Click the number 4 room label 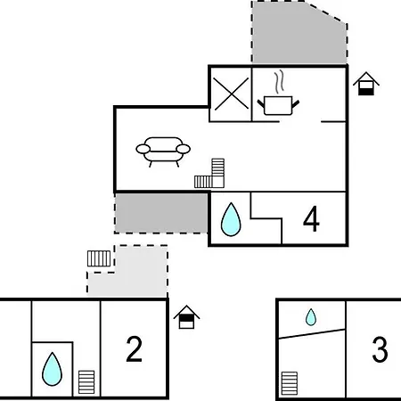(311, 219)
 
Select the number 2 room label (134, 349)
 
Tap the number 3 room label (380, 349)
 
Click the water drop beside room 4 (231, 220)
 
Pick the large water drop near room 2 (52, 369)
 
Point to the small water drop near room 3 (311, 317)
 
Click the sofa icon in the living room (163, 151)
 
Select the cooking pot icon (278, 105)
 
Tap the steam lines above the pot (279, 81)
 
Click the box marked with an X (231, 94)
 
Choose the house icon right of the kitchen (366, 84)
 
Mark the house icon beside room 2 (186, 317)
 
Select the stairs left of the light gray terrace (99, 258)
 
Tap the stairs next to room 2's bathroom (86, 382)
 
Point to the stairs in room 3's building (290, 383)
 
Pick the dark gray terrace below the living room (161, 213)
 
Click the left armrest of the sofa (143, 149)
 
